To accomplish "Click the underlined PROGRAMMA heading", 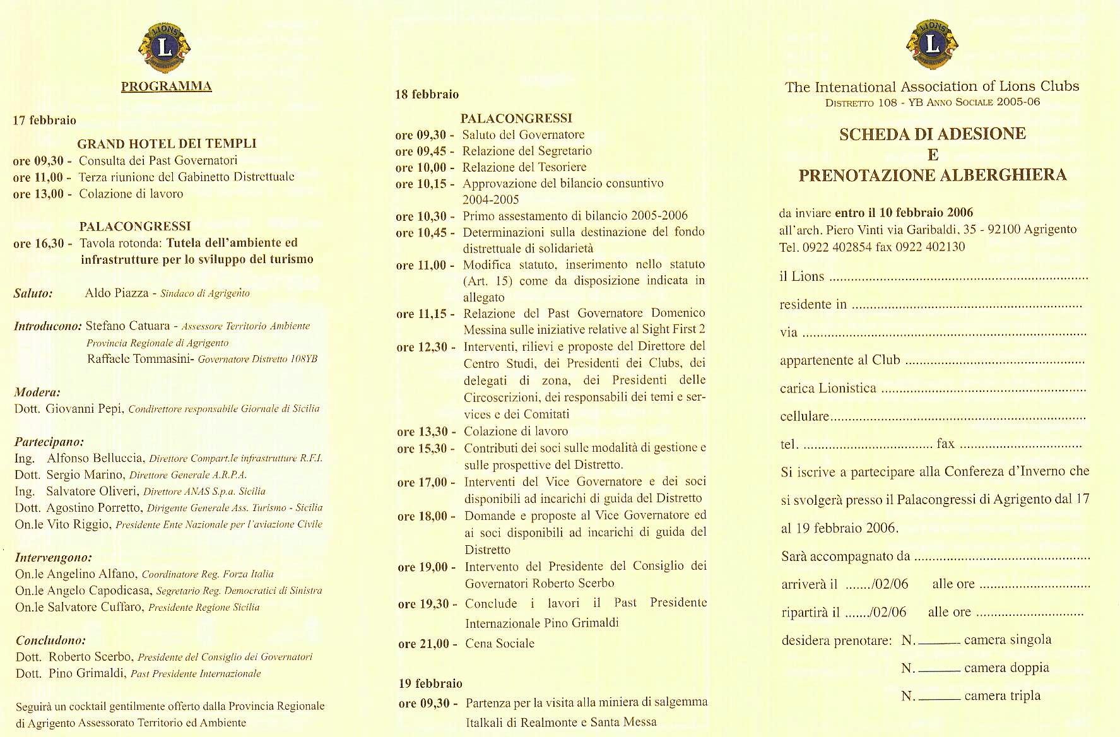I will click(166, 86).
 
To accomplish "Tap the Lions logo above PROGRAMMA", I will click(165, 47).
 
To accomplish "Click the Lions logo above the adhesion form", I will click(932, 44).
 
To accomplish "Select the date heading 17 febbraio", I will click(44, 120).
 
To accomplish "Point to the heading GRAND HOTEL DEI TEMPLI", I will click(167, 144).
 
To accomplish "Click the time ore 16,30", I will click(42, 244).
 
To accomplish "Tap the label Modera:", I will click(37, 392).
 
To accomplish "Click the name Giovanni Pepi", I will click(85, 408).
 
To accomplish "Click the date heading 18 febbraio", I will click(427, 95).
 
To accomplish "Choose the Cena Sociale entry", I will click(499, 644).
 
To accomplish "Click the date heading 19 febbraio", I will click(430, 683).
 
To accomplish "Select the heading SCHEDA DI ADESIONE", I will click(933, 134).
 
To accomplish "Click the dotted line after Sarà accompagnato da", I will click(1002, 558).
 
